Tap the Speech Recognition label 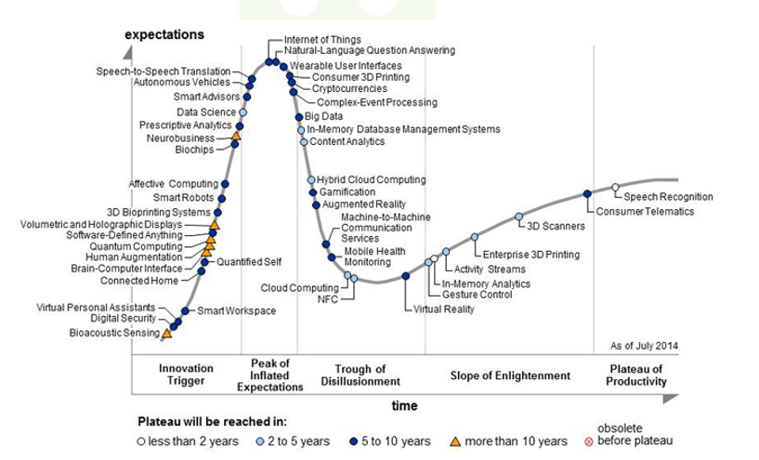[x=668, y=196]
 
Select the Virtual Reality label [x=444, y=309]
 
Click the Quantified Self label [x=249, y=261]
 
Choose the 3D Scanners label [x=556, y=226]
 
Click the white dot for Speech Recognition [x=615, y=188]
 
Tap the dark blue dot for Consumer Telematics [x=587, y=193]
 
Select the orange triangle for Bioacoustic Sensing [x=166, y=332]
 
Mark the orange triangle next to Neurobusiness [x=235, y=138]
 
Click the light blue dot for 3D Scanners [x=520, y=217]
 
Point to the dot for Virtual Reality [x=406, y=276]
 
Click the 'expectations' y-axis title [x=164, y=34]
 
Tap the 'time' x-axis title [x=404, y=405]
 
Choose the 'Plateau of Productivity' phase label [x=637, y=375]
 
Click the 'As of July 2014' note [x=644, y=346]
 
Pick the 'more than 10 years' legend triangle [x=455, y=440]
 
